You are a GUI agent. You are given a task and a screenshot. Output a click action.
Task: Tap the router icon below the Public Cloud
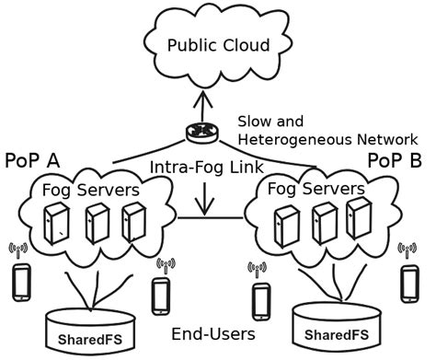pyautogui.click(x=198, y=133)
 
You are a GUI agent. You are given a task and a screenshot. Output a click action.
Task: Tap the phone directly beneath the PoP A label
pyautogui.click(x=22, y=281)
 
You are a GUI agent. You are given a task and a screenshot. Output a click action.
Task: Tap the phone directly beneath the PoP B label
pyautogui.click(x=409, y=281)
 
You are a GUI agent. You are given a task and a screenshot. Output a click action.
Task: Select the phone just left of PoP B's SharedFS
pyautogui.click(x=261, y=299)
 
